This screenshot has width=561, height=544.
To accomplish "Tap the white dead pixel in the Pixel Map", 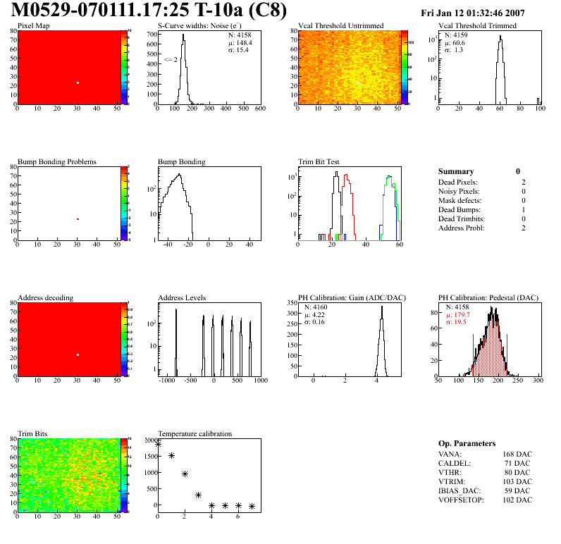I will tap(78, 83).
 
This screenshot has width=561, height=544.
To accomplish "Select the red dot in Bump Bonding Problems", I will tap(78, 219).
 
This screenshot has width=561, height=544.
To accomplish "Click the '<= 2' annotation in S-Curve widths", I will tap(170, 60).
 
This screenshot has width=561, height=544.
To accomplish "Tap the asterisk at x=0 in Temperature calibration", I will tap(158, 444).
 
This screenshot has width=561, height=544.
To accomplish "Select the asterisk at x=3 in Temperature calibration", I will tap(198, 495).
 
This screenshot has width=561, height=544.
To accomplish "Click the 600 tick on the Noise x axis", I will tap(260, 109).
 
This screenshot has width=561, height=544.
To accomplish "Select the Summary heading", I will tap(456, 171).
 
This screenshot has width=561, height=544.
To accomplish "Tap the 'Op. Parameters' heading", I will tap(467, 443).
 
